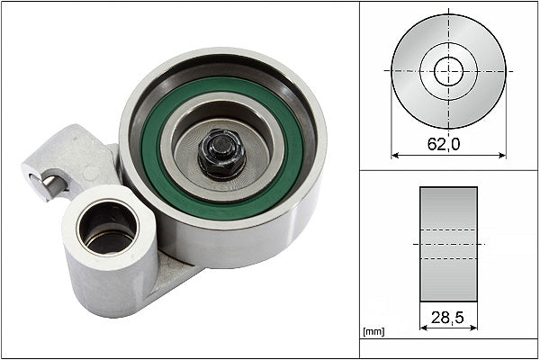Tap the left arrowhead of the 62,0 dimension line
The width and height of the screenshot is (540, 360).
394,154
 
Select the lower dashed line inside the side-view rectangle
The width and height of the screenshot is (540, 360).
448,259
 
